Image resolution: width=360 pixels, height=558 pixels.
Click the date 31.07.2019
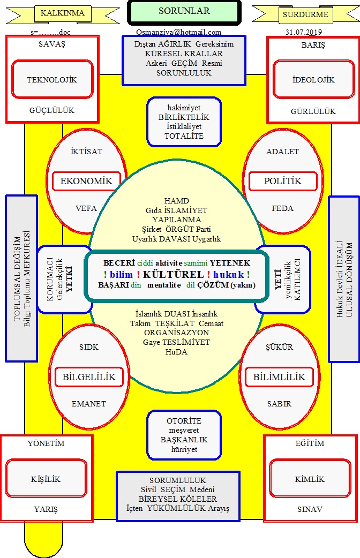pos(304,32)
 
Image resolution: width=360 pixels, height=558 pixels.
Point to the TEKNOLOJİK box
pos(52,79)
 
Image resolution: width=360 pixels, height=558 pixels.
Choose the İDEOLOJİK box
pos(306,79)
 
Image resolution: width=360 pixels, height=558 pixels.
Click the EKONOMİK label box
pos(86,181)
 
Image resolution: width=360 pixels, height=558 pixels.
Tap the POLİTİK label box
pos(283,181)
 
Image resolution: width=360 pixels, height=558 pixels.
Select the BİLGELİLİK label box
pos(89,377)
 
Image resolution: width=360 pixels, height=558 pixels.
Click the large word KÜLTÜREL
pos(174,274)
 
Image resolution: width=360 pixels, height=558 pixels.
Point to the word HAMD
pos(177,201)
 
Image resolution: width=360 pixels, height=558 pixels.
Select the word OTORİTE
pos(184,421)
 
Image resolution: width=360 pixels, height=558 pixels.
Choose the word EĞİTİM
pos(310,443)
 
